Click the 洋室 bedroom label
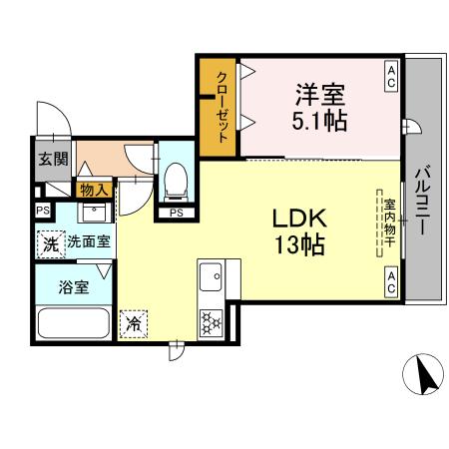319,98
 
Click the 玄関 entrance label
53,159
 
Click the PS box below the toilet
176,212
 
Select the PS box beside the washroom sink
42,210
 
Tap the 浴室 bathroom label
74,287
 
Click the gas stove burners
213,320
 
